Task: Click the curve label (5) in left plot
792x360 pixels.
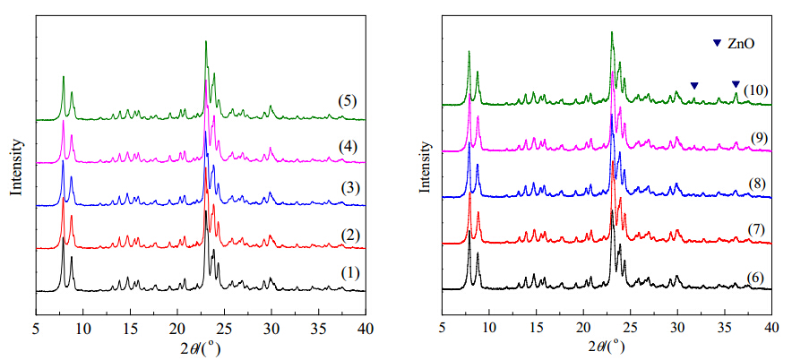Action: tap(348, 100)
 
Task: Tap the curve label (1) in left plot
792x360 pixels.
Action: tap(348, 272)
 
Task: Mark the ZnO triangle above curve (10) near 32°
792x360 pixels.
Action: tap(693, 86)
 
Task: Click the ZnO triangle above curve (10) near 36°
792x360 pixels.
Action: tap(736, 84)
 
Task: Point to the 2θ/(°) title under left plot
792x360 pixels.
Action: tap(198, 345)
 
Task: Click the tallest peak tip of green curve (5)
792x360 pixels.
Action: tap(206, 41)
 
